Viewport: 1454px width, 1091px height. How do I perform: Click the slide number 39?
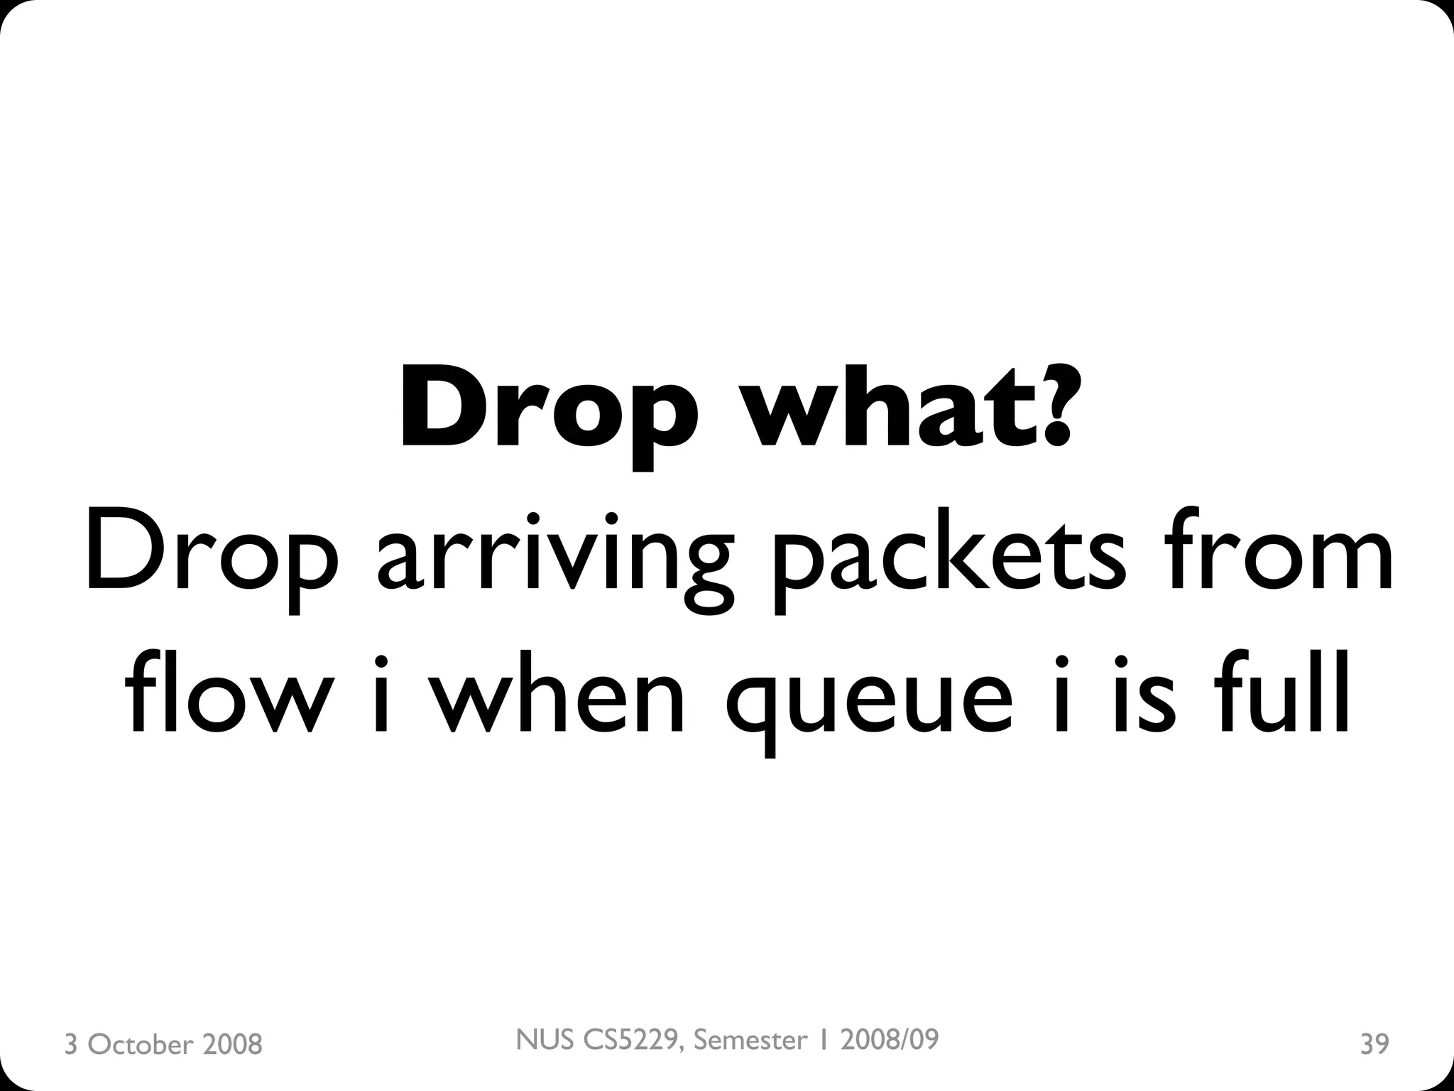coord(1374,1044)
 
